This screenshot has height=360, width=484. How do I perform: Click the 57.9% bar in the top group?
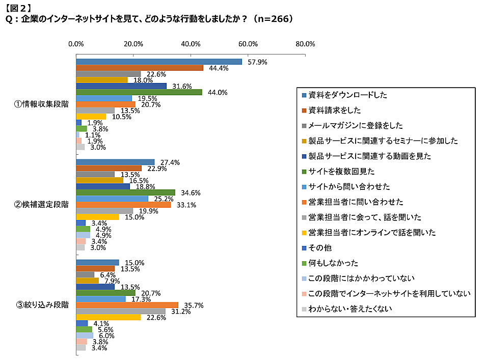(159, 62)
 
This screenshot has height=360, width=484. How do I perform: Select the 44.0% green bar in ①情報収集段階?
(139, 92)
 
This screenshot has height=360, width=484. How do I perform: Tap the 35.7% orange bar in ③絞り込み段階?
(127, 305)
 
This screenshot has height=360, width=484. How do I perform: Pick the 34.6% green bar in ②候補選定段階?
(126, 192)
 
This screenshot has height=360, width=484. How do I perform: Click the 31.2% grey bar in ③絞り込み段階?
(121, 311)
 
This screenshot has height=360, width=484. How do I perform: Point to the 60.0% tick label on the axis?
(248, 43)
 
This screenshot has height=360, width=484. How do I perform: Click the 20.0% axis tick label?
(133, 43)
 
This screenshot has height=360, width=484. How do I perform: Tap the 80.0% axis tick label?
(305, 43)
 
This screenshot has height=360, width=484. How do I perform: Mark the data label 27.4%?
(170, 162)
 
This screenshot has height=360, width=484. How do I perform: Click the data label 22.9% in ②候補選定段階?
(156, 169)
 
